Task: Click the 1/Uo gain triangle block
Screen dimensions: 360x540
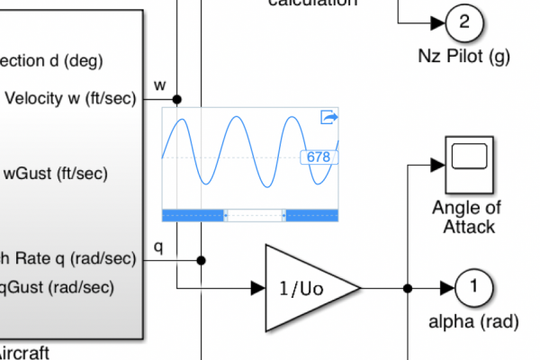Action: (306, 288)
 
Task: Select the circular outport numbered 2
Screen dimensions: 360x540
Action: (464, 22)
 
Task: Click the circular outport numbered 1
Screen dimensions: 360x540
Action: (473, 288)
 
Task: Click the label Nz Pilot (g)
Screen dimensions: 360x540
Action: (464, 57)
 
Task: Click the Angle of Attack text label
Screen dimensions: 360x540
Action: (468, 217)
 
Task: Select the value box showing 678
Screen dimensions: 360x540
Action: (319, 157)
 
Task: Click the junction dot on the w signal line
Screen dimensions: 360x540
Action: (177, 99)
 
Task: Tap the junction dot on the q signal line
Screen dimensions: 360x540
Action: (201, 260)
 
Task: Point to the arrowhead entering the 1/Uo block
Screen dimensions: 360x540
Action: (257, 288)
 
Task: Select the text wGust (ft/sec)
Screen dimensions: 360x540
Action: (56, 174)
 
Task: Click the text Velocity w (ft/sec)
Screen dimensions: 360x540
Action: (71, 99)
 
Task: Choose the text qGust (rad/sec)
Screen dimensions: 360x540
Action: (58, 287)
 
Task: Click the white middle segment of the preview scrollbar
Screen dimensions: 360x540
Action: (254, 214)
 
